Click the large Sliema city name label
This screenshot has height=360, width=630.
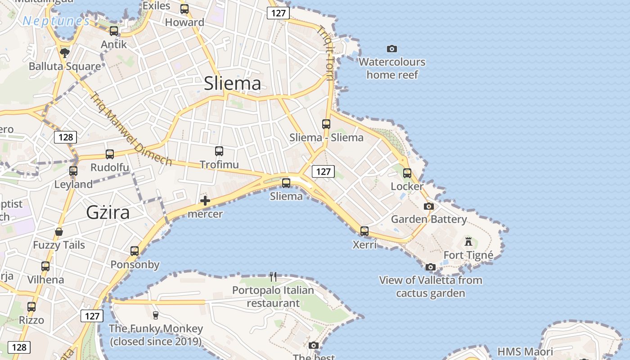coord(232,84)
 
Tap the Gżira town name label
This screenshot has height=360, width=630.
coord(108,212)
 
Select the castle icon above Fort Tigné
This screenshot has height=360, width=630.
coord(468,242)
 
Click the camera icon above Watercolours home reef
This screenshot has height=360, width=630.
coord(392,49)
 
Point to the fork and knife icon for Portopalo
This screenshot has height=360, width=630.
coord(273,276)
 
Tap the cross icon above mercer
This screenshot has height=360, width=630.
coord(205,201)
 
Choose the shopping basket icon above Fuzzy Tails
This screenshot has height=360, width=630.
coord(59,232)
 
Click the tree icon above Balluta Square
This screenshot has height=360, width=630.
coord(65,53)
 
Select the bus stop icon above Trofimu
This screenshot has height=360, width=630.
coord(219,151)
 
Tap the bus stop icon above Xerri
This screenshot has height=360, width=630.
coord(364,231)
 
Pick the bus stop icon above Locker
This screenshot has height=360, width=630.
coord(407,173)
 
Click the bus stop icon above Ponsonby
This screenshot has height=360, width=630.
coord(135,251)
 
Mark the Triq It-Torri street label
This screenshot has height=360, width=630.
coord(325,53)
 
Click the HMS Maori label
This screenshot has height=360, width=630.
coord(525,351)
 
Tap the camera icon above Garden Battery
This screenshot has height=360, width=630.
coord(429,206)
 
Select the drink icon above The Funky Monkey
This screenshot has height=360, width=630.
coord(156,315)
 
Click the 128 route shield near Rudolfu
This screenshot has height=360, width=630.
coord(66,137)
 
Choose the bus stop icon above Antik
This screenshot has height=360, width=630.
coord(114,31)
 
